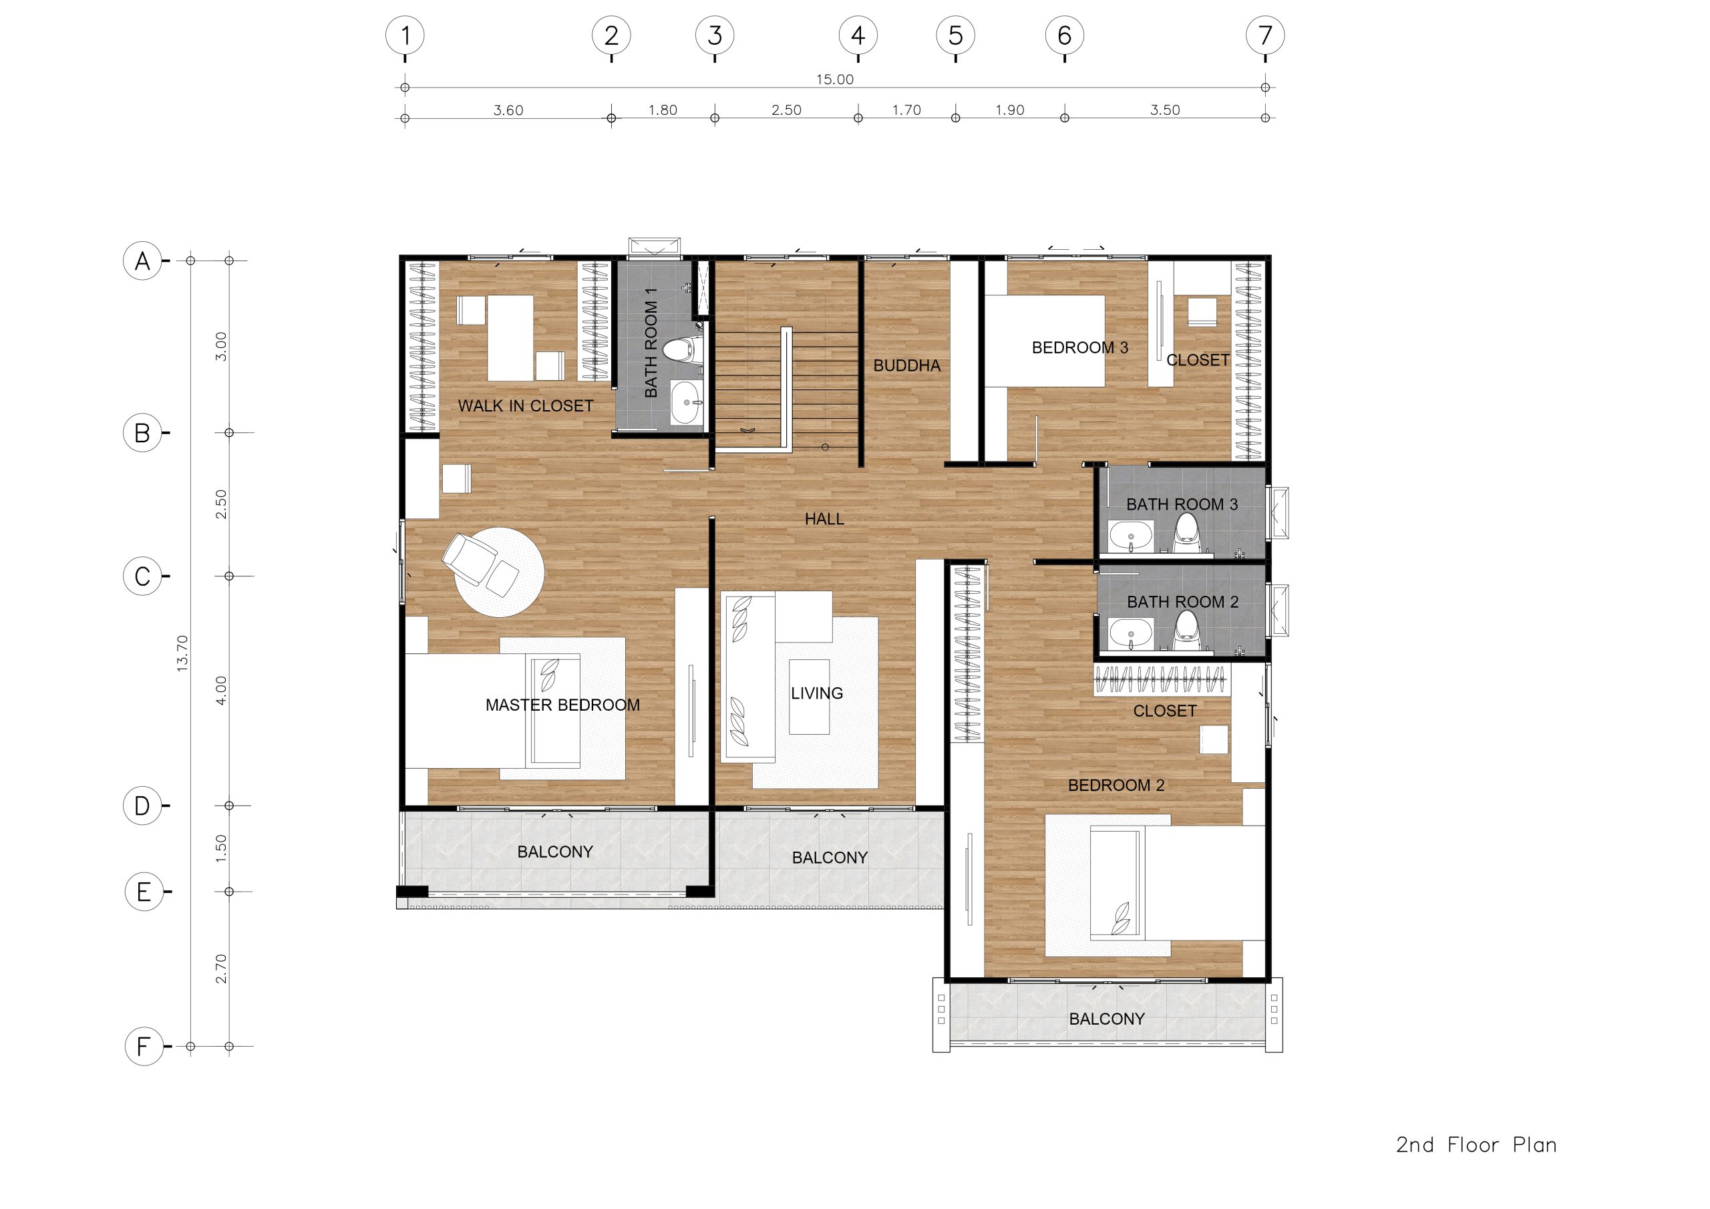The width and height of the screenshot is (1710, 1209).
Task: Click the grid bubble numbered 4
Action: pyautogui.click(x=858, y=35)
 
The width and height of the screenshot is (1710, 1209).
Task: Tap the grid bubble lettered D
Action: pyautogui.click(x=142, y=806)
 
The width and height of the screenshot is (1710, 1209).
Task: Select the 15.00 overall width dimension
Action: pyautogui.click(x=834, y=79)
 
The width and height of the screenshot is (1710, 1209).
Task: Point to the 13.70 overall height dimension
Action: pyautogui.click(x=182, y=653)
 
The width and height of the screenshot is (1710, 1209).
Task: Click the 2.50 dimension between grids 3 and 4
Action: pyautogui.click(x=786, y=110)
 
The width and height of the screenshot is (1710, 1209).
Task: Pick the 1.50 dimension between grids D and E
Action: pyautogui.click(x=220, y=848)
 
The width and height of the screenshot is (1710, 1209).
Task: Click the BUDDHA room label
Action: pyautogui.click(x=906, y=366)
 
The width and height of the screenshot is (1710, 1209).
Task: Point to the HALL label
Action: pyautogui.click(x=824, y=519)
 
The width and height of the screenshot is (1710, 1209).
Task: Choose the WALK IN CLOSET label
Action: pyautogui.click(x=525, y=406)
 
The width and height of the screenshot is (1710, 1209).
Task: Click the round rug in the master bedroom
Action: pyautogui.click(x=499, y=572)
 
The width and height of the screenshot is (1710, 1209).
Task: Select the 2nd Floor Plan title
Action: pyautogui.click(x=1476, y=1145)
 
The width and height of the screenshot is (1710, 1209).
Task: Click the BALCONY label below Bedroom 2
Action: pyautogui.click(x=1107, y=1019)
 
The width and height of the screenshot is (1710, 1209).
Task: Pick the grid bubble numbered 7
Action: pyautogui.click(x=1264, y=35)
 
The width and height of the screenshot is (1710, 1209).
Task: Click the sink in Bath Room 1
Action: pyautogui.click(x=687, y=402)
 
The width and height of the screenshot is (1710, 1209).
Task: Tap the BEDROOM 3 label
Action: pyautogui.click(x=1079, y=348)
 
